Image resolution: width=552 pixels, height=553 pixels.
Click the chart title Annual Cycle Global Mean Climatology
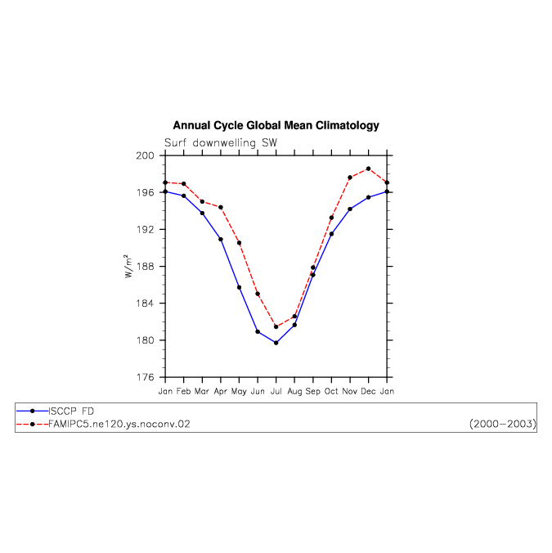pyautogui.click(x=276, y=125)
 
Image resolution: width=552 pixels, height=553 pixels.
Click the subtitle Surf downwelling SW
pyautogui.click(x=221, y=143)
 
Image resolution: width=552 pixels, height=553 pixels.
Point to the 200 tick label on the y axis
pyautogui.click(x=146, y=155)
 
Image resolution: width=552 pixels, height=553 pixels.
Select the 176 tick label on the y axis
pyautogui.click(x=146, y=377)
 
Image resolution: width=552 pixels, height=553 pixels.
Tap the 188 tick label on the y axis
pyautogui.click(x=146, y=266)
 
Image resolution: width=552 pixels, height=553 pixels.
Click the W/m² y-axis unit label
pyautogui.click(x=128, y=266)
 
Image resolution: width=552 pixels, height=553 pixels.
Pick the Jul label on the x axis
pyautogui.click(x=276, y=391)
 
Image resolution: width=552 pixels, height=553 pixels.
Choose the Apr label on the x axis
pyautogui.click(x=221, y=392)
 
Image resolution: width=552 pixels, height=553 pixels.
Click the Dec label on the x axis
pyautogui.click(x=368, y=391)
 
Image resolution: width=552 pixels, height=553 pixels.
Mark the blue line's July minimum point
pyautogui.click(x=276, y=343)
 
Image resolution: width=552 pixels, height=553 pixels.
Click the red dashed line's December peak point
pyautogui.click(x=368, y=169)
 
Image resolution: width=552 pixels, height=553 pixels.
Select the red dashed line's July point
pyautogui.click(x=276, y=327)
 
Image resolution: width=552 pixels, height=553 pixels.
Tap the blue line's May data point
pyautogui.click(x=239, y=287)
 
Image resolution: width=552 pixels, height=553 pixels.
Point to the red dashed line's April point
pyautogui.click(x=221, y=208)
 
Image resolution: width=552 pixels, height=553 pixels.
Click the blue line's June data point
pyautogui.click(x=258, y=332)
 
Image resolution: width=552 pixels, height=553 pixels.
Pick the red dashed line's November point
pyautogui.click(x=350, y=178)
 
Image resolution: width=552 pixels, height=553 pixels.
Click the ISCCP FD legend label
pyautogui.click(x=71, y=411)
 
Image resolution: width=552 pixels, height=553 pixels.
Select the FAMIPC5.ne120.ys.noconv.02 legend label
pyautogui.click(x=119, y=424)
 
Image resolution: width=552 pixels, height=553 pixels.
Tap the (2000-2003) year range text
pyautogui.click(x=503, y=424)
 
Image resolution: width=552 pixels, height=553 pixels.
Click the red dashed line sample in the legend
pyautogui.click(x=33, y=425)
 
